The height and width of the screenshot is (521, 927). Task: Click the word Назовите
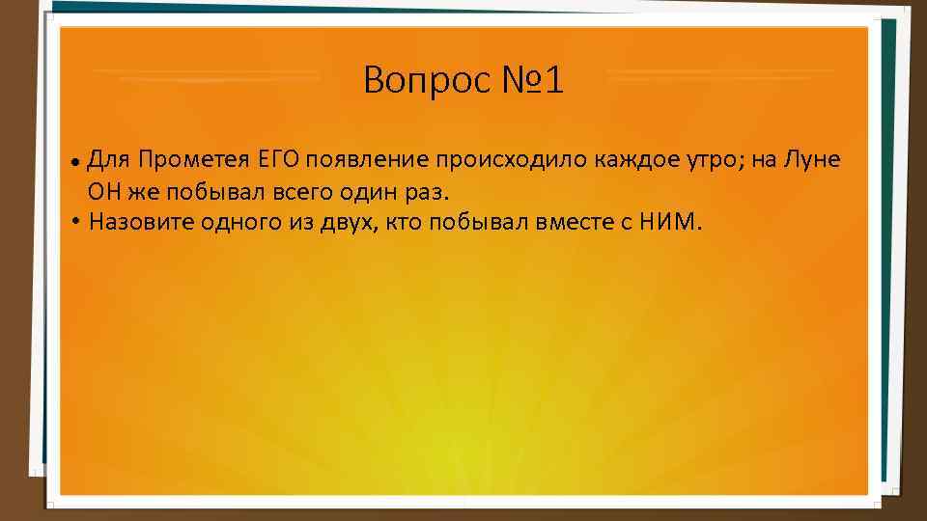141,222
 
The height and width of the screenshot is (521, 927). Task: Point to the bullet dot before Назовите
75,222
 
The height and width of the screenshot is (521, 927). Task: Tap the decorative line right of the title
720,74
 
